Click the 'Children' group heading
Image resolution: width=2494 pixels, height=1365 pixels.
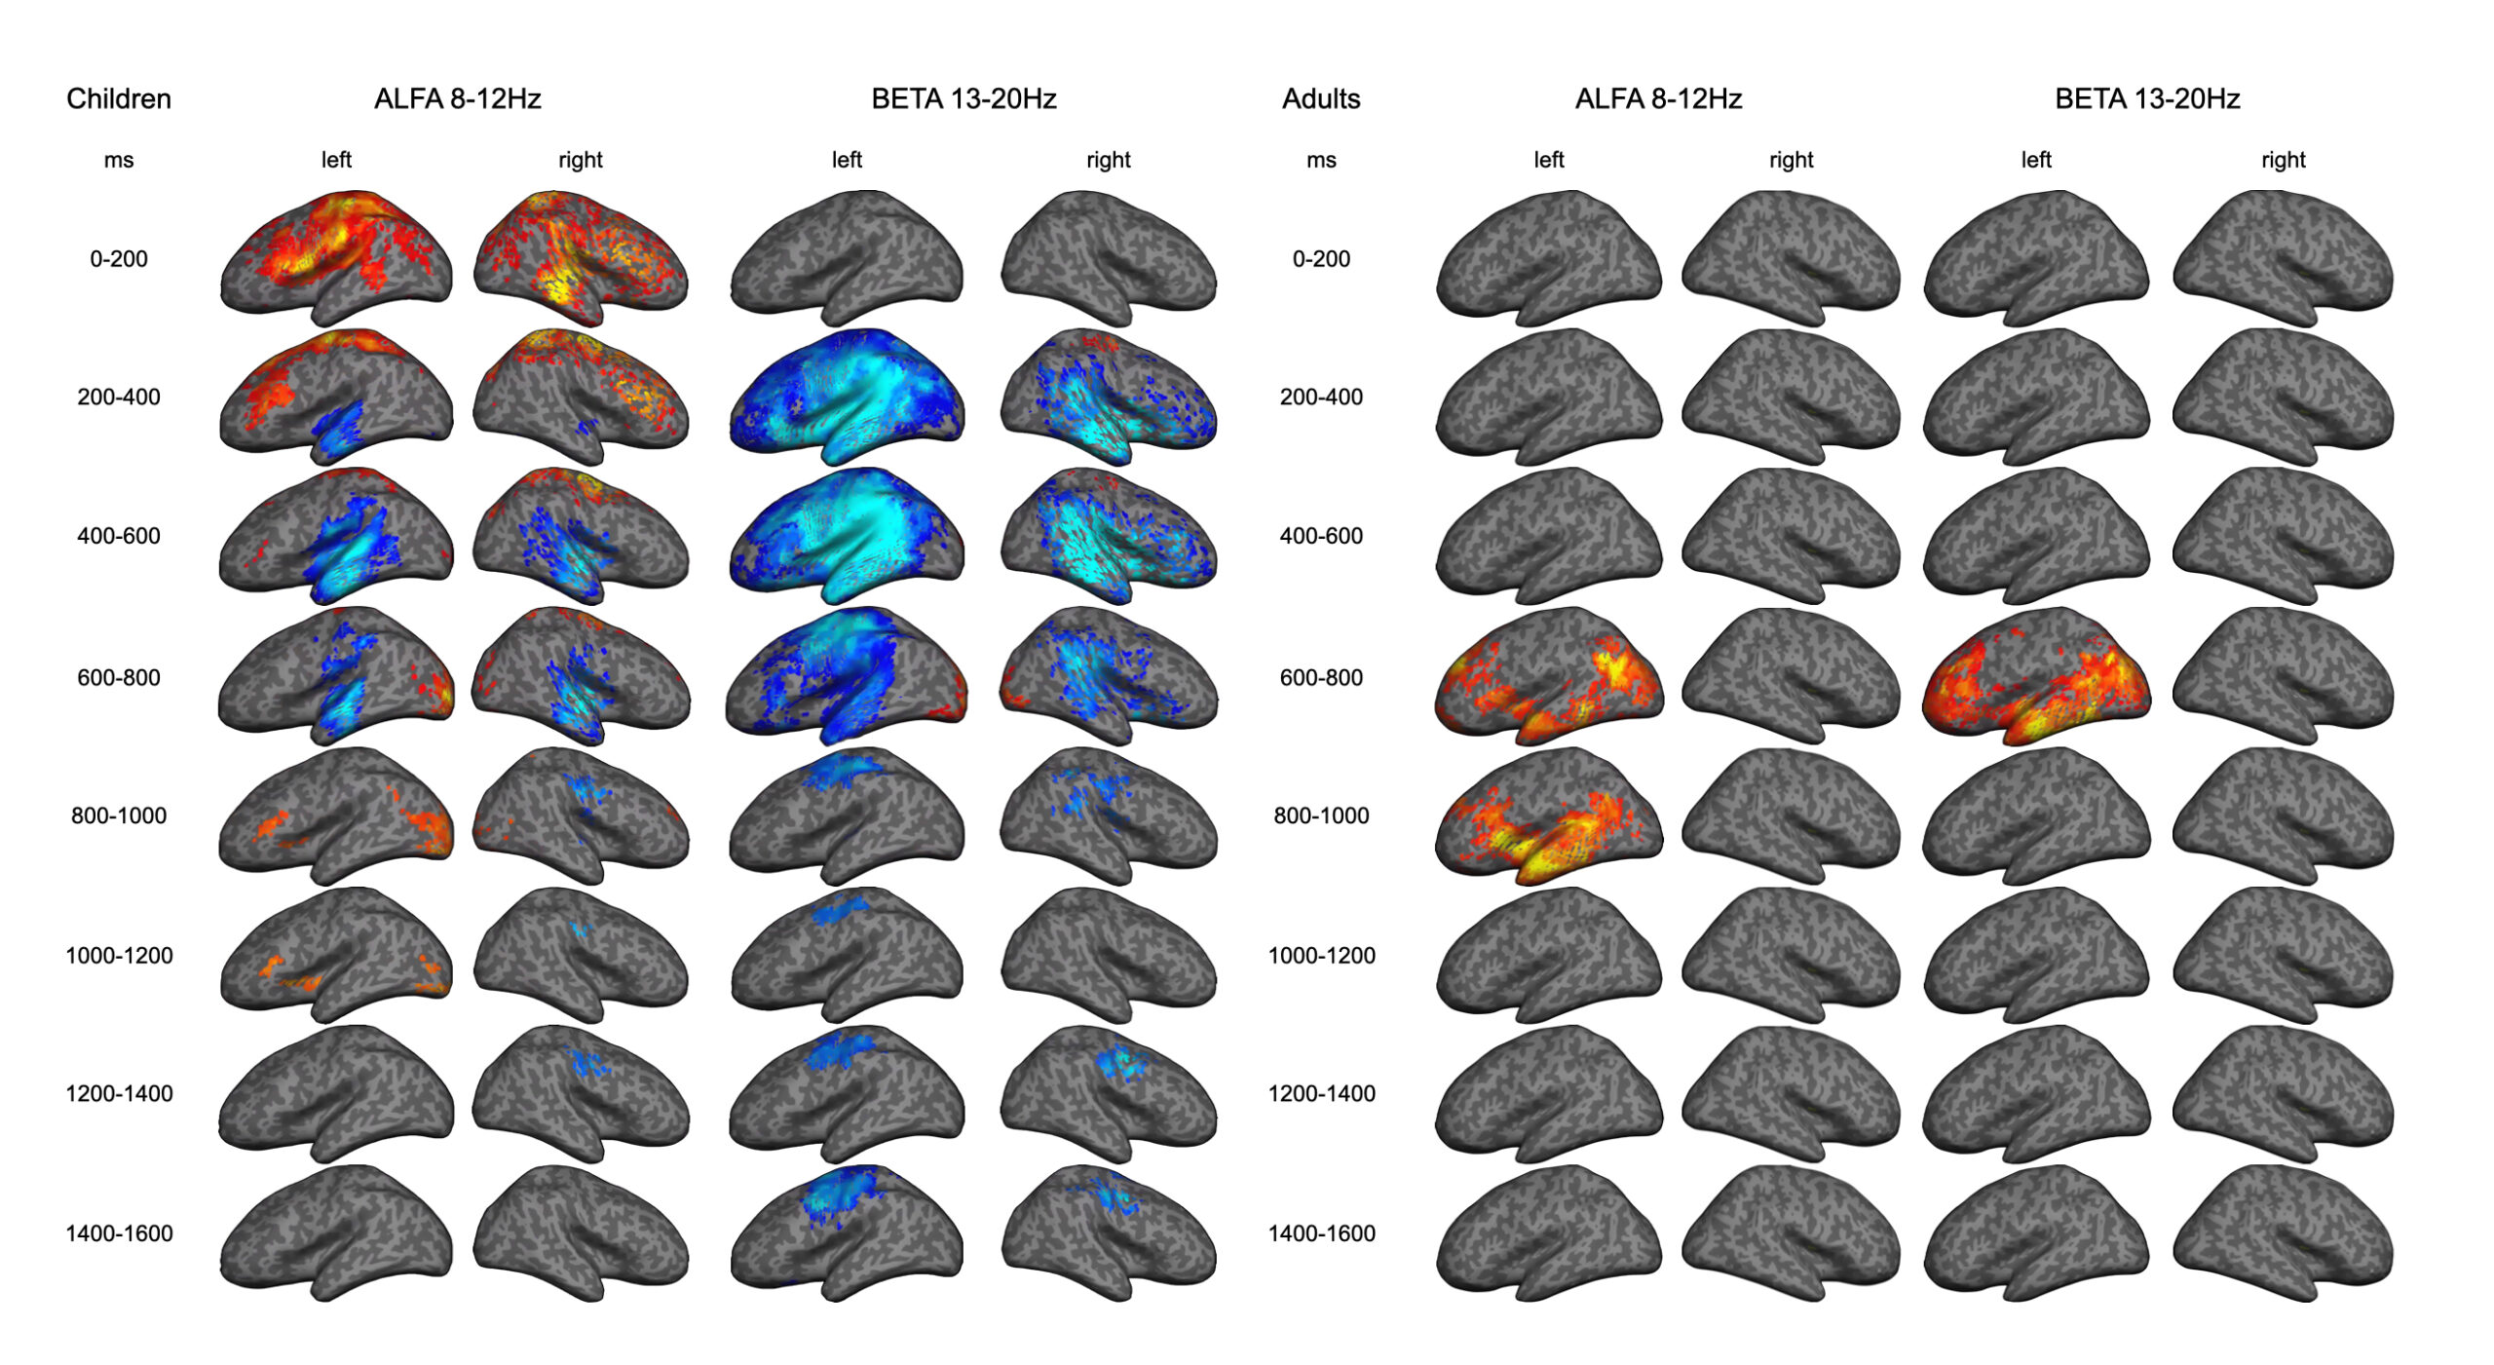coord(119,99)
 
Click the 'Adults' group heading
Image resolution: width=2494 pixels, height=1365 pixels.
coord(1321,99)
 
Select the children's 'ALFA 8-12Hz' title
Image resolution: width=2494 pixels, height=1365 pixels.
coord(457,99)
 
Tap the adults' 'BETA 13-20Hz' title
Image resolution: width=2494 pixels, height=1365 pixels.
coord(2147,99)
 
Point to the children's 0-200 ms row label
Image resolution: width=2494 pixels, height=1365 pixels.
coord(119,259)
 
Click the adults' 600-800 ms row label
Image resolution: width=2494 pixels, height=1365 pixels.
coord(1321,677)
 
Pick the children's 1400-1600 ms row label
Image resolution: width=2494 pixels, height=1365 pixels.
coord(119,1233)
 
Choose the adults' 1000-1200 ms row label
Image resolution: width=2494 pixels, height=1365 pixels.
coord(1321,956)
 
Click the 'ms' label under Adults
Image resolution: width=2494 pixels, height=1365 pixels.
coord(1321,160)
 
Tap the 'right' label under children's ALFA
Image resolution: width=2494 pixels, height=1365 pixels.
coord(581,160)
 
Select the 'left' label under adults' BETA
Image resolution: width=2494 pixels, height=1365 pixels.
coord(2036,160)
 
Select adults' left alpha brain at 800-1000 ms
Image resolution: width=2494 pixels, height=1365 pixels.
coord(1549,815)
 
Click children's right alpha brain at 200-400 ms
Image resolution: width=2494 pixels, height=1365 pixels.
coord(581,396)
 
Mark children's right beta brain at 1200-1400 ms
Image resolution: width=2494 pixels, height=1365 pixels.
coord(1109,1093)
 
